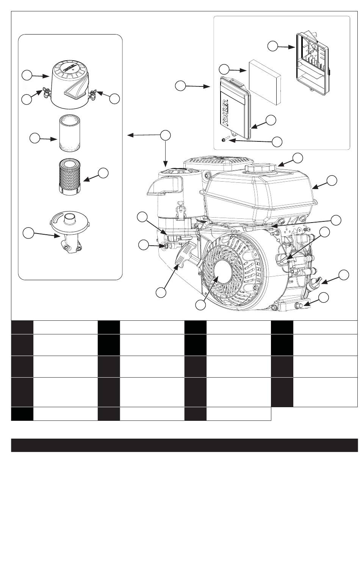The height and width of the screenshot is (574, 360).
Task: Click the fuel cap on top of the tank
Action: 261,167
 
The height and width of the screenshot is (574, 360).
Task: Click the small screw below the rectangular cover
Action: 224,140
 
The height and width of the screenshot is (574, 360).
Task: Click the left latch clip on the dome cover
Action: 45,91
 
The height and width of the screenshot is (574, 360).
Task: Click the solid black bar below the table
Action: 184,445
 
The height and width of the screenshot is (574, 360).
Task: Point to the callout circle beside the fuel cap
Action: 298,158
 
